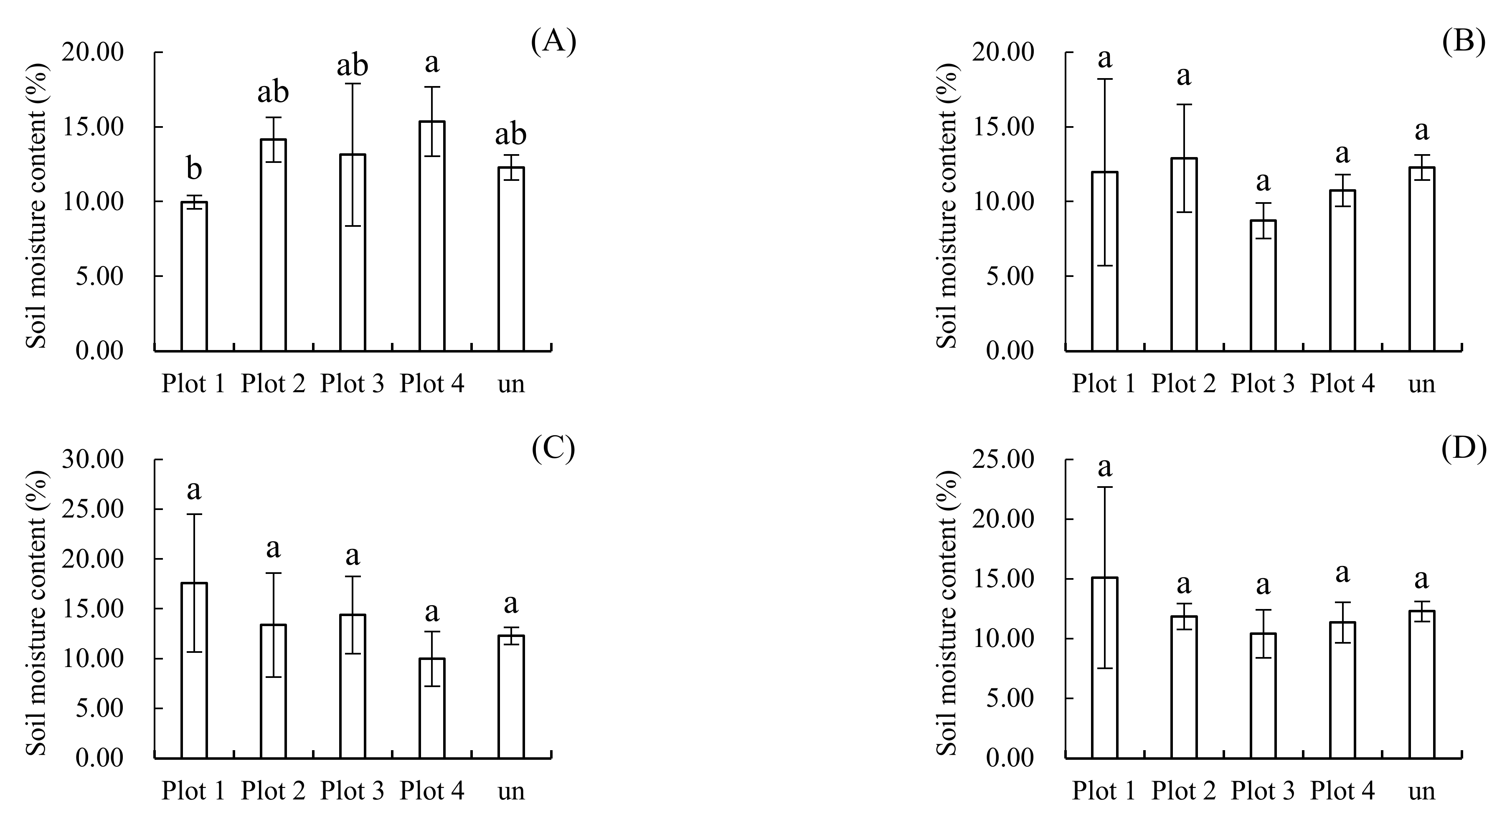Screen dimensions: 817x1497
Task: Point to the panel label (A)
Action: (x=553, y=42)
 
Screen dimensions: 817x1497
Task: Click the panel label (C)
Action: (x=553, y=449)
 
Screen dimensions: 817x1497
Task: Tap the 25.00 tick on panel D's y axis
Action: (x=1010, y=459)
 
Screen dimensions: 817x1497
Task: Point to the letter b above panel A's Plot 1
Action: (x=194, y=169)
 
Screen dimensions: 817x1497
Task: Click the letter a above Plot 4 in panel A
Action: (x=432, y=63)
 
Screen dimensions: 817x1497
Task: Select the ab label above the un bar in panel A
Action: (x=511, y=134)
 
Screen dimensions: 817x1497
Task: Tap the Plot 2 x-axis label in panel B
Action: (x=1183, y=383)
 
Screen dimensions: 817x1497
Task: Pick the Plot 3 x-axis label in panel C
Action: (x=352, y=791)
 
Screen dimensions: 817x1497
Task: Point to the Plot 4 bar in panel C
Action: (x=432, y=708)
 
